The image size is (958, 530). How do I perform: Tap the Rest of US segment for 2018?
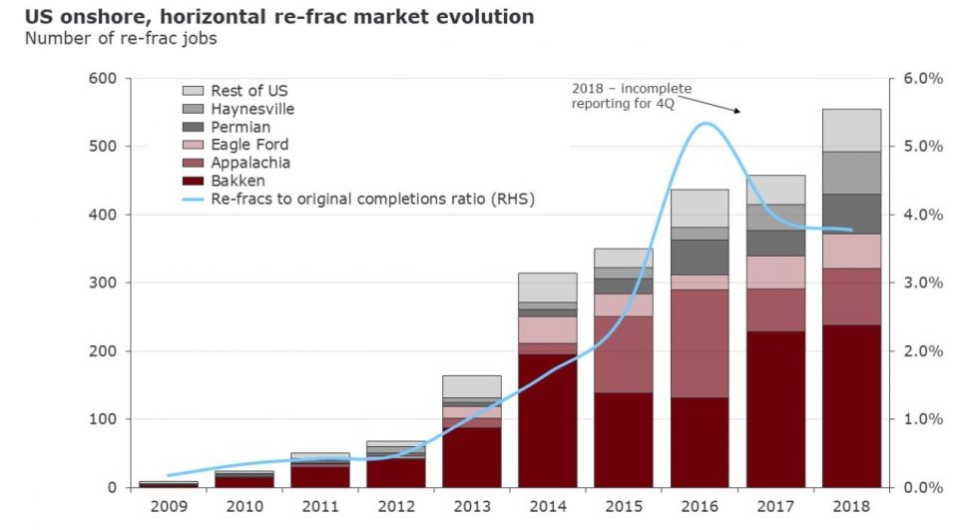[851, 130]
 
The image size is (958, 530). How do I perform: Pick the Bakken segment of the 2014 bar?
[547, 420]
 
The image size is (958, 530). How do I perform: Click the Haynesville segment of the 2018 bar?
[851, 173]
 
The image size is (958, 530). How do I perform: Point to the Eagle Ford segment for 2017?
[775, 272]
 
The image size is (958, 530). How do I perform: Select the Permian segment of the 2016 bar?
[699, 257]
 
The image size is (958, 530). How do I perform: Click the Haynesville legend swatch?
[193, 109]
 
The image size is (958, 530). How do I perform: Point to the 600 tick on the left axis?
[103, 78]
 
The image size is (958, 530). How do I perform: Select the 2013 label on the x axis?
[471, 506]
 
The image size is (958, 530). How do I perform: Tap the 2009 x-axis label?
[167, 506]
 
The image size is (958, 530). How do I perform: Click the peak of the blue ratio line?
[706, 124]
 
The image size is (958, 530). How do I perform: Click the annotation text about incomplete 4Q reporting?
[631, 96]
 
